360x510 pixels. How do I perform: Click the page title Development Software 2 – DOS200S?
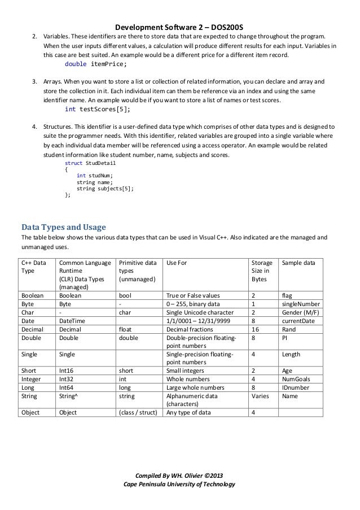(x=179, y=27)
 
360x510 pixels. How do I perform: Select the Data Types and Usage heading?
(x=63, y=228)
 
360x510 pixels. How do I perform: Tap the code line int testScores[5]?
(x=97, y=109)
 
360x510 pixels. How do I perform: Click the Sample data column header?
(x=298, y=263)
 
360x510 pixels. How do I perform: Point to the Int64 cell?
(x=67, y=388)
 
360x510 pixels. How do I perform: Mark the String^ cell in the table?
(x=69, y=396)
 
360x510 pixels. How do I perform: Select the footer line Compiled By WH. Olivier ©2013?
(x=179, y=475)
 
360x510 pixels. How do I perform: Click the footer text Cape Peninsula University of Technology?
(x=179, y=485)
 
